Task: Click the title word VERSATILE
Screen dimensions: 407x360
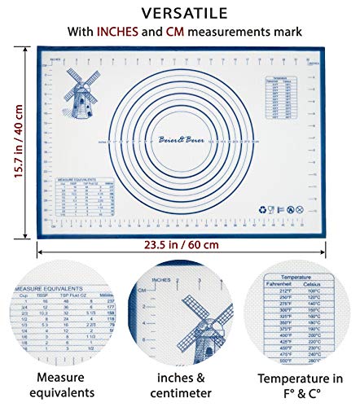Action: click(x=180, y=13)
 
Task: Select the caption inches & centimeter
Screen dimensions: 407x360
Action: click(x=180, y=387)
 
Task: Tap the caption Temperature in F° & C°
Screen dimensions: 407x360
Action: click(x=300, y=387)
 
